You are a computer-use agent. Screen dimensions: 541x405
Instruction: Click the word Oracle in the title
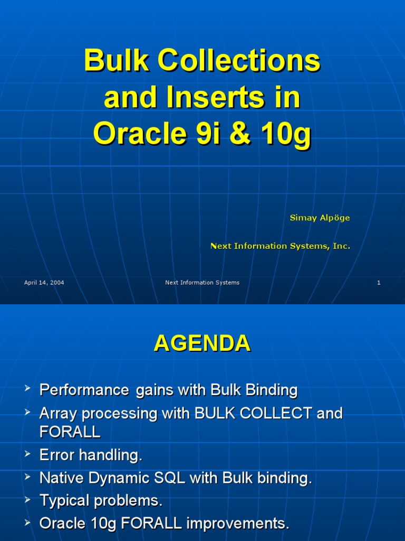[x=135, y=135]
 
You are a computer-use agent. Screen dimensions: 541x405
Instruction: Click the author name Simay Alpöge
[x=320, y=218]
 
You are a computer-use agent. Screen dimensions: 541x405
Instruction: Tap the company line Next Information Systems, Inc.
[x=280, y=246]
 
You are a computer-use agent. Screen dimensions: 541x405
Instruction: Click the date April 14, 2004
[x=44, y=283]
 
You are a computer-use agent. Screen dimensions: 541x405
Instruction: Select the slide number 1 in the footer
[x=379, y=283]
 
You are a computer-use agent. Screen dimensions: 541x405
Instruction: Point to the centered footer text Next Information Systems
[x=202, y=283]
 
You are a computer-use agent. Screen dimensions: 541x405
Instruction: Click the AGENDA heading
[x=202, y=344]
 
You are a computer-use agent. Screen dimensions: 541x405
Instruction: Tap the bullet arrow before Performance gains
[x=27, y=390]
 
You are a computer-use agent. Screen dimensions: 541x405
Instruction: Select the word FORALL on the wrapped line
[x=70, y=432]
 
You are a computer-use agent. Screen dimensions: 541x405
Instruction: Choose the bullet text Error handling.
[x=91, y=455]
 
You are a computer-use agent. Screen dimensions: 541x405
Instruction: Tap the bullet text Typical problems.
[x=101, y=501]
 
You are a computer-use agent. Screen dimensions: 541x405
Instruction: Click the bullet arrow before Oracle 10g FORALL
[x=27, y=523]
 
